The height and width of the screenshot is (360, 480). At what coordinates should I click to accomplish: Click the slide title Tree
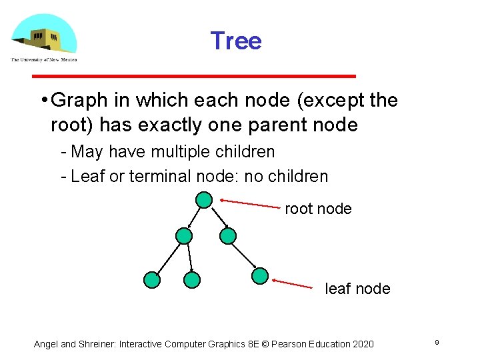point(236,41)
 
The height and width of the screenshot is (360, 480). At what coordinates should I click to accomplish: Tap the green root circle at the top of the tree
point(204,199)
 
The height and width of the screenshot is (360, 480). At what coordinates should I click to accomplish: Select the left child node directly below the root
point(183,236)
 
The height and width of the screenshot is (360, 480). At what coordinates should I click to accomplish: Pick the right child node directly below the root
point(228,236)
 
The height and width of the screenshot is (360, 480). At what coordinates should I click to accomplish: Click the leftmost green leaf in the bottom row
point(152,280)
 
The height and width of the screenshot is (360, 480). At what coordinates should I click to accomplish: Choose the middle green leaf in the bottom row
point(192,280)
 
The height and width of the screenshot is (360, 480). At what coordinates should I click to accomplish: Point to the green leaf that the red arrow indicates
point(260,276)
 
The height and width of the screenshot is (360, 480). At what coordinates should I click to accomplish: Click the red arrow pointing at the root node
point(250,203)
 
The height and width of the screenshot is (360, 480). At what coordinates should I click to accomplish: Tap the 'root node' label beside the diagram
point(318,209)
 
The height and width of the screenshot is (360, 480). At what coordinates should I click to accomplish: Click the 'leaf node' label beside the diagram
point(357,289)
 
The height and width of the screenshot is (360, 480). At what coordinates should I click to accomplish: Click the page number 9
point(436,343)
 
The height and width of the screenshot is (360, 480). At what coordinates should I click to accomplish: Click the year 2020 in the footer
point(361,344)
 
